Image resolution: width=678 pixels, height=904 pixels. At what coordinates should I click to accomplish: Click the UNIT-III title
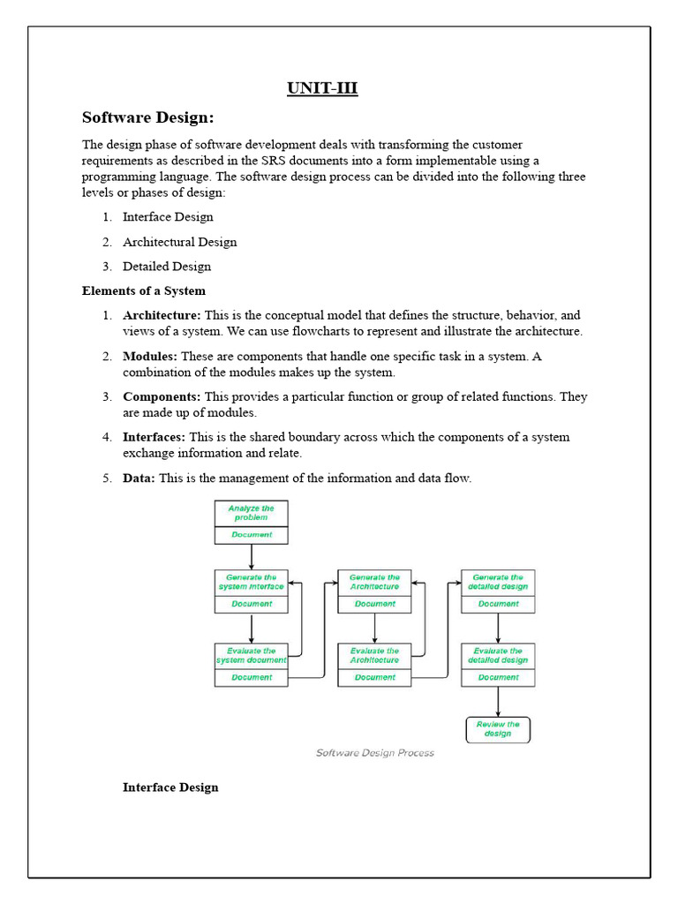[322, 88]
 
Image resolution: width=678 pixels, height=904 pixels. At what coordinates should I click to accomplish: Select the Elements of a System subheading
[144, 290]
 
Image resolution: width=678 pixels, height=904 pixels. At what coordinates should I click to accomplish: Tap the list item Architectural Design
[179, 242]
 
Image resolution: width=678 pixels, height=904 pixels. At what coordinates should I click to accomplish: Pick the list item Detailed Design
[167, 266]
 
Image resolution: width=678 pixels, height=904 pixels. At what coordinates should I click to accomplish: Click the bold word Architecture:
[162, 315]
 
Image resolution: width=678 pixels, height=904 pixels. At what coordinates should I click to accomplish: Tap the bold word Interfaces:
[154, 437]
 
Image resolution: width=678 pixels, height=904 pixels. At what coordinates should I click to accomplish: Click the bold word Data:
[139, 478]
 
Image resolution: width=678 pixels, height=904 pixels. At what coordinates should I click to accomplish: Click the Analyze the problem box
[251, 514]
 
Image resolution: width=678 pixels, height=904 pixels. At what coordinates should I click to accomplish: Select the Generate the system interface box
[251, 582]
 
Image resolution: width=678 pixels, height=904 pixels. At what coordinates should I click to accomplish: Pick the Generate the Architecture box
[374, 582]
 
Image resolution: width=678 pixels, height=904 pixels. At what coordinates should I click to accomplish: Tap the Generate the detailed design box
[498, 582]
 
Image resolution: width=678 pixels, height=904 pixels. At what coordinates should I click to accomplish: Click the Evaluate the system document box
[251, 655]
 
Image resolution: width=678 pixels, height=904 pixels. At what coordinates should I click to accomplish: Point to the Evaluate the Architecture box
[374, 655]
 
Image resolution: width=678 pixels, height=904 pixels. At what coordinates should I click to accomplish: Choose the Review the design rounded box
[498, 729]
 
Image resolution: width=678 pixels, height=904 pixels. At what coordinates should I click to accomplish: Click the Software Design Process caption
[375, 753]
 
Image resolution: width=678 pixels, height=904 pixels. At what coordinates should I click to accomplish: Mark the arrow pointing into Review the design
[498, 703]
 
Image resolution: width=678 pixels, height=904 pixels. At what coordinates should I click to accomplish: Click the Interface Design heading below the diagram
[170, 787]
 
